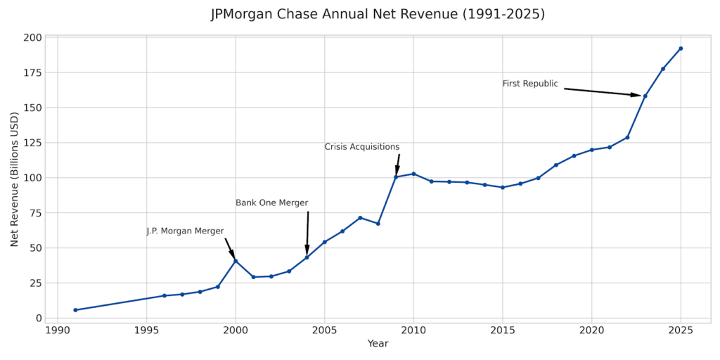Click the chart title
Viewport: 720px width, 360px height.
(x=378, y=14)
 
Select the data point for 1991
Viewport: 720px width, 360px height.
(x=75, y=310)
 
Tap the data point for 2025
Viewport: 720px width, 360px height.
(x=681, y=49)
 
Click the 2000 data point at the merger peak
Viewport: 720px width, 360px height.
(x=236, y=261)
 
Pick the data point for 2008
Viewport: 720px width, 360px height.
(x=378, y=224)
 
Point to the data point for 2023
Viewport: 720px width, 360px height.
(x=645, y=96)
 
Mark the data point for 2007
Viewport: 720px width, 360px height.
(x=360, y=218)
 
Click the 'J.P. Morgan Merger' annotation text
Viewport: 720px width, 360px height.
(x=185, y=231)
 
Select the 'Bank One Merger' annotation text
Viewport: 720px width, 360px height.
(x=271, y=203)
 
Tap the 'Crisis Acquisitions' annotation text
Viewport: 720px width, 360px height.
(x=361, y=147)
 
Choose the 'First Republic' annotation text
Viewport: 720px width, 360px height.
(x=530, y=84)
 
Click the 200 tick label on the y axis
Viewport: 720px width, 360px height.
(x=32, y=37)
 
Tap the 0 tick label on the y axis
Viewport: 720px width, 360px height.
(x=38, y=319)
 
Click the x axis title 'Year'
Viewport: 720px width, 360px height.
(x=378, y=344)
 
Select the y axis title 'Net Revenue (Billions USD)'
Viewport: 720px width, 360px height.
(x=15, y=179)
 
